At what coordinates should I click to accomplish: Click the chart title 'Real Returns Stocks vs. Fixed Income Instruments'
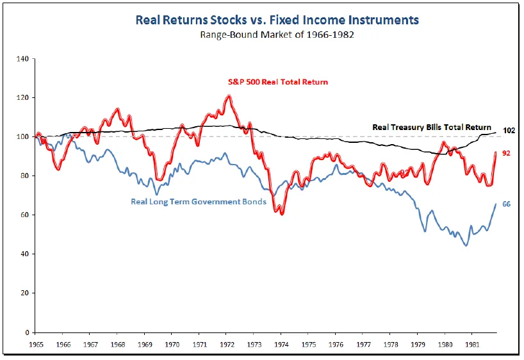click(277, 20)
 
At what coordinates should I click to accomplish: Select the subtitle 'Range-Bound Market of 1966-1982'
click(277, 35)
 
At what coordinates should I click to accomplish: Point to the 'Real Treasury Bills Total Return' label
click(432, 127)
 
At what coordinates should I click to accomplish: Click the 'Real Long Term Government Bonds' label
click(199, 202)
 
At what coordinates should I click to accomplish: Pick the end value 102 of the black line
click(510, 131)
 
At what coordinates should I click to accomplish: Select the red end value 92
click(506, 153)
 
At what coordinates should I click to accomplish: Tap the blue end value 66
click(506, 204)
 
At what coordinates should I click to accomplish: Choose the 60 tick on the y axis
click(24, 215)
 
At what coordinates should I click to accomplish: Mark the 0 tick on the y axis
click(26, 332)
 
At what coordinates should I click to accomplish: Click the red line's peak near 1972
click(229, 97)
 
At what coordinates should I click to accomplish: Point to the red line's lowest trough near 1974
click(282, 213)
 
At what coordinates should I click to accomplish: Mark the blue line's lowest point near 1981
click(466, 245)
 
